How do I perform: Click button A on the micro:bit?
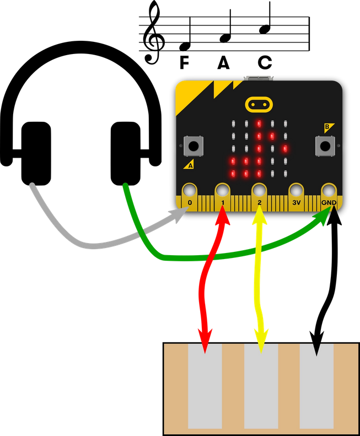point(194,146)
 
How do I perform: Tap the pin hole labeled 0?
point(189,191)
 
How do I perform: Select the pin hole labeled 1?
point(223,191)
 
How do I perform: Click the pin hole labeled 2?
point(259,191)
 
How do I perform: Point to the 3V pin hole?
point(295,191)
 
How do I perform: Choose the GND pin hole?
point(329,191)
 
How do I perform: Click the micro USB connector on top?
point(258,78)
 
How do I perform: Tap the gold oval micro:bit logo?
point(259,104)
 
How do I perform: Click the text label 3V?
point(296,203)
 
